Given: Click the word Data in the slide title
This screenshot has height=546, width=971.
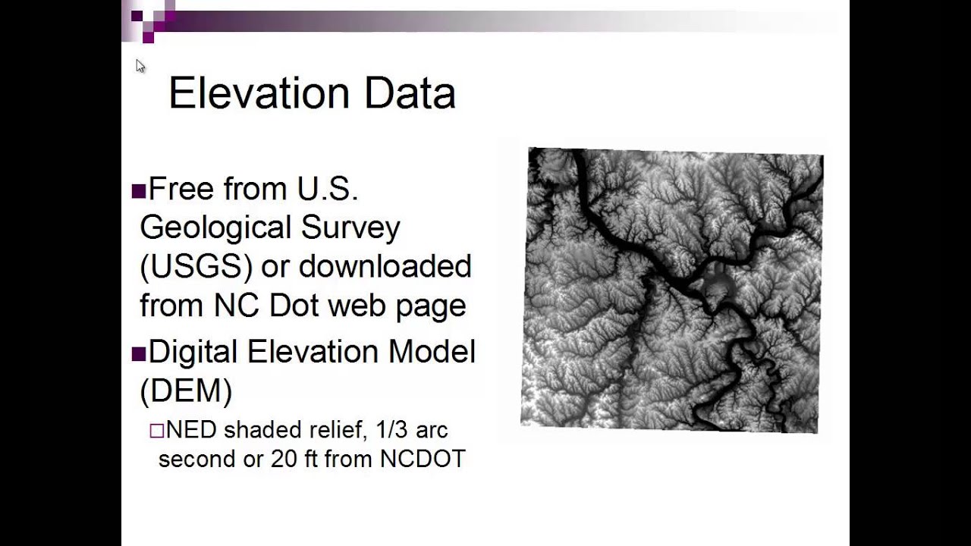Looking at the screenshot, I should click(x=410, y=94).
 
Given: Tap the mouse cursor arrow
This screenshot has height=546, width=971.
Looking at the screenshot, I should click(x=140, y=66).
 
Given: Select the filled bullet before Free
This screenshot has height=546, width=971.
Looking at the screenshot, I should click(x=138, y=190).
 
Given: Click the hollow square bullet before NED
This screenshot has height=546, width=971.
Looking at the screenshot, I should click(x=156, y=431).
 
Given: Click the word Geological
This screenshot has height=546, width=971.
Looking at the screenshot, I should click(x=215, y=228).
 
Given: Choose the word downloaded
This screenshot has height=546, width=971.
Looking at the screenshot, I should click(x=385, y=267).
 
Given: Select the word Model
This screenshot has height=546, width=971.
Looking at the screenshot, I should click(x=432, y=352).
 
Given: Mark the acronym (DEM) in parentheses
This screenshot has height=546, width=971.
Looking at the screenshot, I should click(x=186, y=391).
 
